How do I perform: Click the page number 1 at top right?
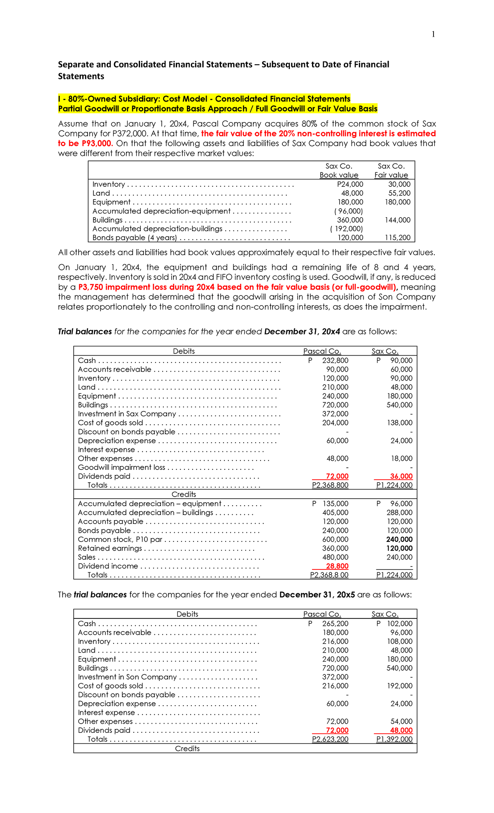tap(433, 35)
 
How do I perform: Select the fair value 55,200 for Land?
tap(399, 193)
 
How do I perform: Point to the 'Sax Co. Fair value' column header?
tap(391, 170)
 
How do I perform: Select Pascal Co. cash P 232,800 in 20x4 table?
tap(330, 360)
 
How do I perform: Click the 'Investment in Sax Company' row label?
tap(127, 414)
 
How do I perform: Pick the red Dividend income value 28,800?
tap(337, 566)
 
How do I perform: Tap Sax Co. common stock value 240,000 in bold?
tap(399, 539)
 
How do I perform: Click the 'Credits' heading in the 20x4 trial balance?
tap(184, 494)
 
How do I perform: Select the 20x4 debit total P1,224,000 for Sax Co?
tap(394, 485)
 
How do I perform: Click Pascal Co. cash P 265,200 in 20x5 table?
tap(330, 624)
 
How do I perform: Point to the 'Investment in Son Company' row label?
tap(127, 677)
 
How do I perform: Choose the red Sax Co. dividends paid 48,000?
tap(401, 730)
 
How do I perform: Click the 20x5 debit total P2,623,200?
tap(330, 739)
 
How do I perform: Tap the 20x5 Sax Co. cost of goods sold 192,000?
tap(399, 686)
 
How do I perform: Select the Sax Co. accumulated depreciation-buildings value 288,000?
tap(399, 513)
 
